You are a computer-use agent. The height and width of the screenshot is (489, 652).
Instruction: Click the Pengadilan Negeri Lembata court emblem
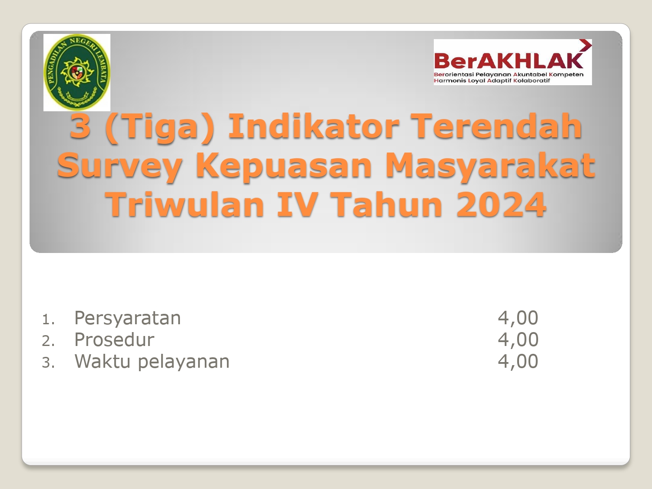click(x=77, y=73)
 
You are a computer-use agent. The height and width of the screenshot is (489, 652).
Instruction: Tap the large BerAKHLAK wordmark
click(x=509, y=61)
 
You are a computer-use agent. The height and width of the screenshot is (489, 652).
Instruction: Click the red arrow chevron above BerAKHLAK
click(x=585, y=47)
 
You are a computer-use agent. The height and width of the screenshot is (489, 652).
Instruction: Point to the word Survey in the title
click(x=120, y=167)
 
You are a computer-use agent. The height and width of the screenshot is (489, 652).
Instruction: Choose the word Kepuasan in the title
click(x=284, y=167)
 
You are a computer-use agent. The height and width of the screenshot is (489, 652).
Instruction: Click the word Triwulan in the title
click(x=186, y=204)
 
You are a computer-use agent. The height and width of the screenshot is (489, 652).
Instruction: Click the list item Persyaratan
click(x=127, y=318)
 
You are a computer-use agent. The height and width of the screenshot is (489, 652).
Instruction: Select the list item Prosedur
click(x=114, y=339)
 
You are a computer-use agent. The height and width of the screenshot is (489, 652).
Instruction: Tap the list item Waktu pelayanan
click(x=152, y=362)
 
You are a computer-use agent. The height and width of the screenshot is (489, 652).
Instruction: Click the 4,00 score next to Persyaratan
click(x=518, y=318)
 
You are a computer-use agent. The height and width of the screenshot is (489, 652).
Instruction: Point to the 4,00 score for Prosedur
click(x=518, y=339)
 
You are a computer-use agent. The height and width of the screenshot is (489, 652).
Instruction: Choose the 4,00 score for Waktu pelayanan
click(x=518, y=361)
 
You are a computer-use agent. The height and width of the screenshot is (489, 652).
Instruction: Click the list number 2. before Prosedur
click(x=48, y=341)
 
